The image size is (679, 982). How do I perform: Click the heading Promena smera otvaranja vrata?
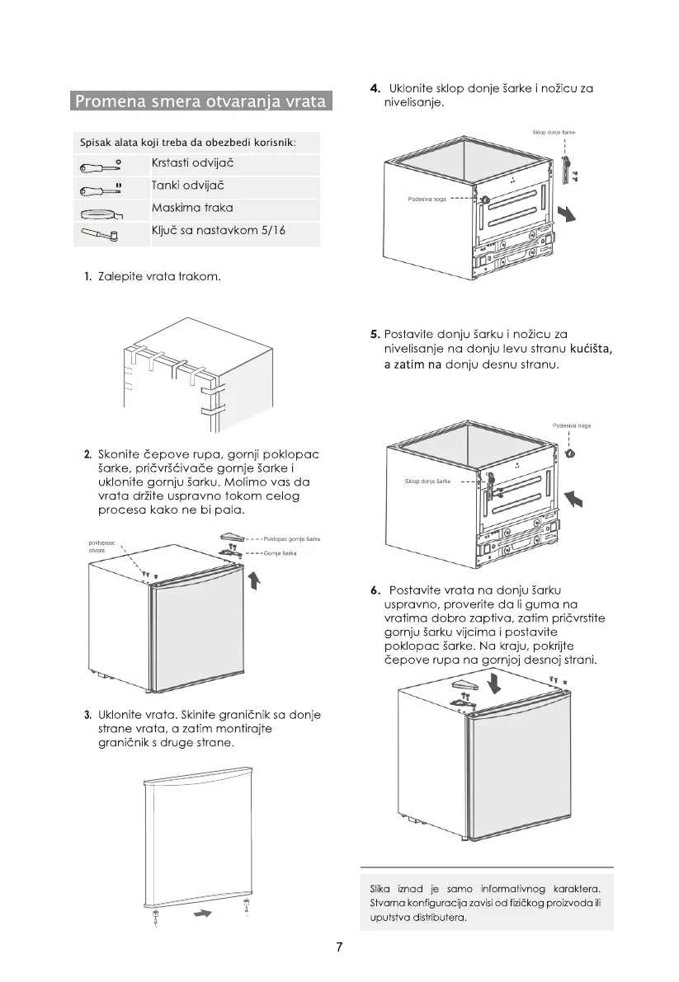200,102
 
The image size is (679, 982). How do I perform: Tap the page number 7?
339,947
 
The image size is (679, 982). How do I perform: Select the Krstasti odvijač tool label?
192,163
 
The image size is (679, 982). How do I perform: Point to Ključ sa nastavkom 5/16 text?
219,230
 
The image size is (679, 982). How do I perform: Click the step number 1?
87,276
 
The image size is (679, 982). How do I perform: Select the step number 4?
375,88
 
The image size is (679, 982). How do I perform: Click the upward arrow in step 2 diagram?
254,581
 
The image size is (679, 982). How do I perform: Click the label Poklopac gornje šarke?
291,538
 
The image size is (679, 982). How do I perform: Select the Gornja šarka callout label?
281,553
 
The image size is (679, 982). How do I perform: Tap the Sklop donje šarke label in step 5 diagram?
427,481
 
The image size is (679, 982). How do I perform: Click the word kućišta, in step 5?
592,350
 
